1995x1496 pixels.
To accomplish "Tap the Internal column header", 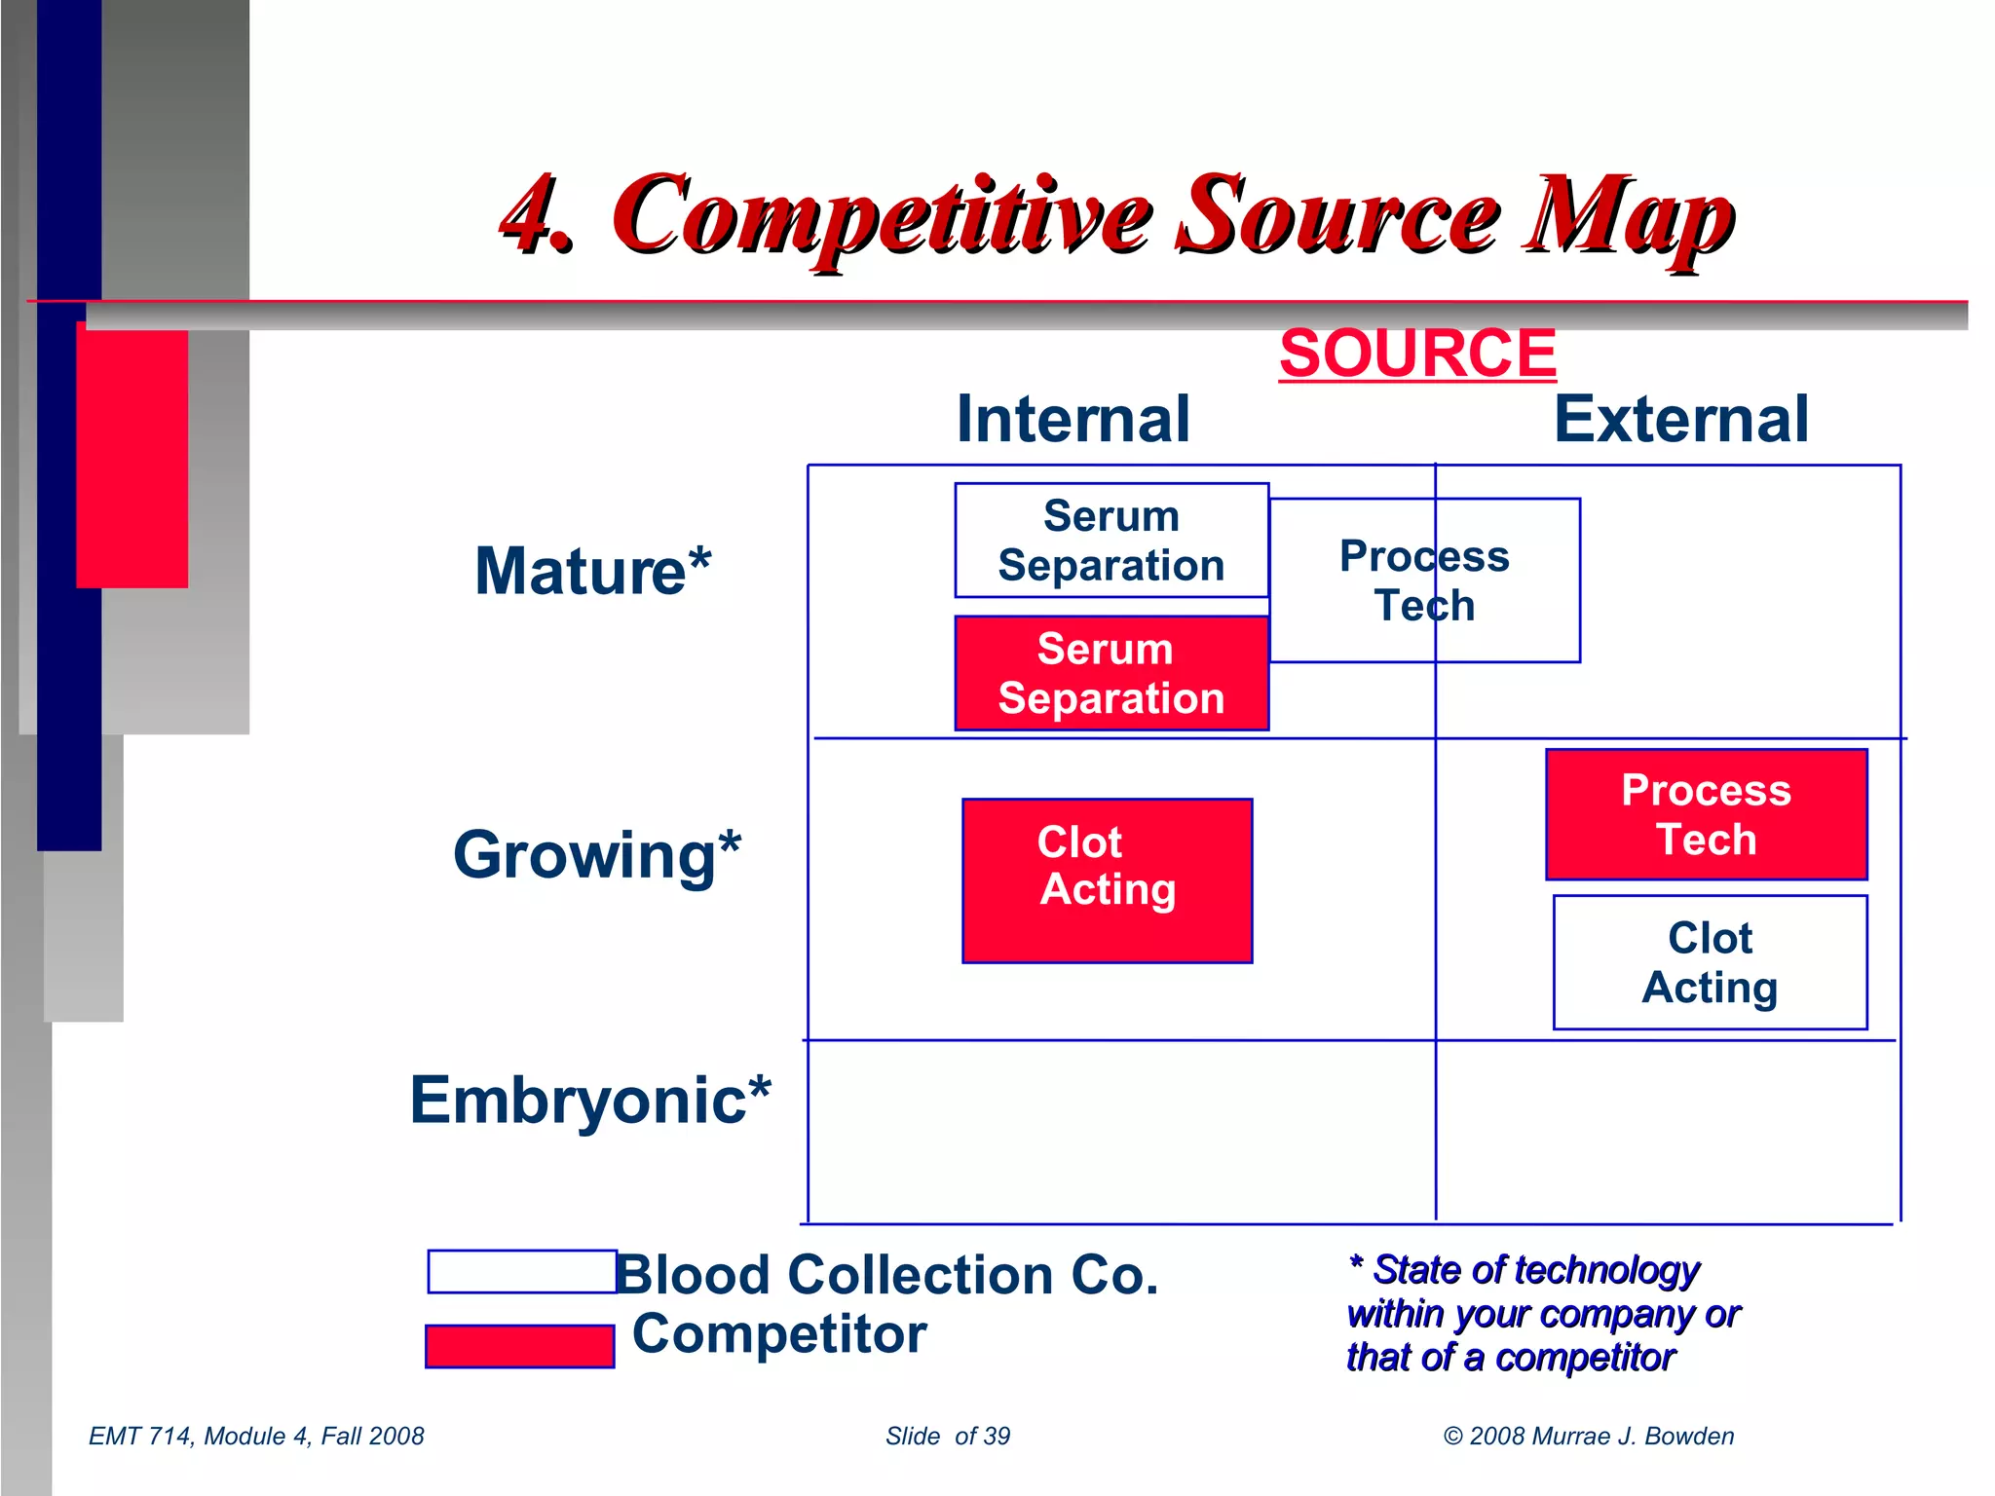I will [1073, 419].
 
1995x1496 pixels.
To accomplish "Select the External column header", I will [1680, 419].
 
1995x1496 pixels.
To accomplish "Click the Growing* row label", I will [596, 855].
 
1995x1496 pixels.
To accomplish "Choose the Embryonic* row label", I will [590, 1101].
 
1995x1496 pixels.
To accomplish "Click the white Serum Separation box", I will [1111, 541].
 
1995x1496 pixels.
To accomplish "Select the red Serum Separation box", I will [1111, 673].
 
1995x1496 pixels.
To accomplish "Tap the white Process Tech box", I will [1424, 580].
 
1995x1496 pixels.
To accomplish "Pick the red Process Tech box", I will [1706, 814].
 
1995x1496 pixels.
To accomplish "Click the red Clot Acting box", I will [1107, 880].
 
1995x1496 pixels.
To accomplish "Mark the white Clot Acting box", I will [1710, 962].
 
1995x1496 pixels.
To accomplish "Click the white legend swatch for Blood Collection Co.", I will [522, 1272].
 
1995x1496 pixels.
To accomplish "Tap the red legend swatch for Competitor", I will [520, 1346].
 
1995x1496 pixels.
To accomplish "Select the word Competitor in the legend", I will [779, 1334].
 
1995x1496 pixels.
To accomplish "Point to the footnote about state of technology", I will [1541, 1313].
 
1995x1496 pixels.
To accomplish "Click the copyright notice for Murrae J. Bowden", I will [1588, 1436].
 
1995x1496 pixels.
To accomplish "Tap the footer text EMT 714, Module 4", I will [256, 1436].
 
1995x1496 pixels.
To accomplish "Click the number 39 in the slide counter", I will [997, 1436].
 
